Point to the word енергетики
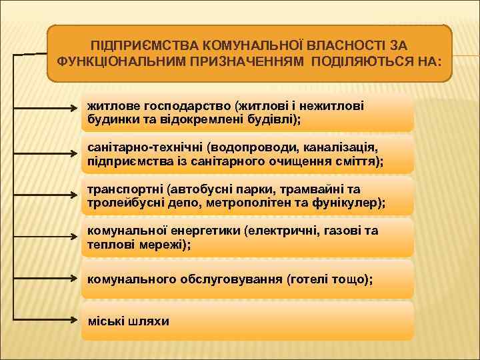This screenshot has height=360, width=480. point(205,231)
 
